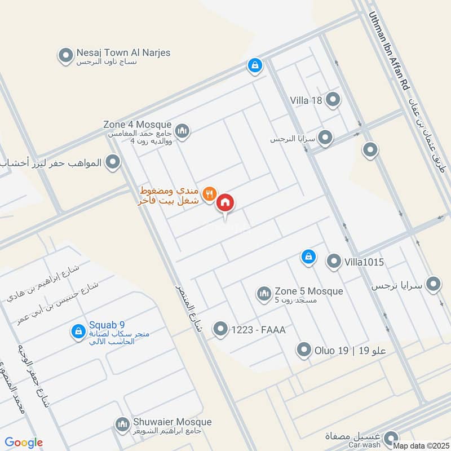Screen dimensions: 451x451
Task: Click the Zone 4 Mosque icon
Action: (x=182, y=131)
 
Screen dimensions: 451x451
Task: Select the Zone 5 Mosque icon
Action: (x=264, y=293)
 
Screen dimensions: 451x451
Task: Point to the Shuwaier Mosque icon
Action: (x=122, y=424)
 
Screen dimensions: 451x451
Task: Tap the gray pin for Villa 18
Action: (x=333, y=100)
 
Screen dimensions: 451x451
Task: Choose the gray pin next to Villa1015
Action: (x=334, y=261)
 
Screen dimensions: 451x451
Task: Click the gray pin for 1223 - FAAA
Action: (x=220, y=329)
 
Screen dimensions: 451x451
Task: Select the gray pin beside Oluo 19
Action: (x=304, y=351)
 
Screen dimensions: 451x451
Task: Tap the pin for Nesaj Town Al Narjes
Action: (x=66, y=55)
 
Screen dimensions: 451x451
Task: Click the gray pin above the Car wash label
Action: (x=390, y=437)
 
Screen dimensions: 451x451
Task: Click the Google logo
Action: (x=24, y=443)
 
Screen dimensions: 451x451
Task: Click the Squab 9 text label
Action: (x=107, y=325)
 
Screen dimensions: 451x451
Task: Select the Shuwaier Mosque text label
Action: (x=173, y=422)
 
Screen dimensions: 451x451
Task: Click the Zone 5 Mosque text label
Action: (x=308, y=291)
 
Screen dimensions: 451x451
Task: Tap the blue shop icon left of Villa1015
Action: (x=308, y=257)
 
